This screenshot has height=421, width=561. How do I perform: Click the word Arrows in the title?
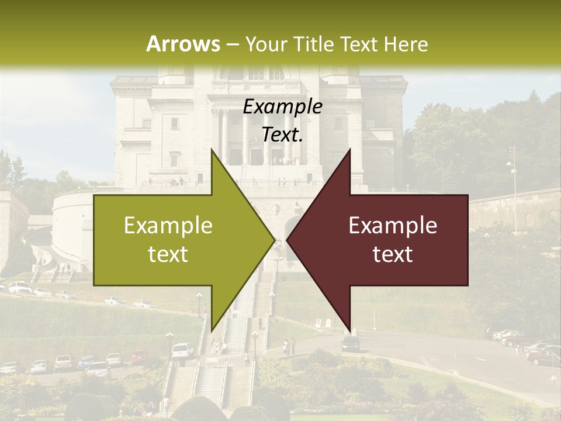coord(183,44)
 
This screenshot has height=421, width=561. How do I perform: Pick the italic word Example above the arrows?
coord(282,107)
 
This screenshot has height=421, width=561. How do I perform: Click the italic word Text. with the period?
coord(282,135)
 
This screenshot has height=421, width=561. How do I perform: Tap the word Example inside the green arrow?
coord(168,226)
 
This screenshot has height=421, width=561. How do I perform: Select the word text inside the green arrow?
coord(168,254)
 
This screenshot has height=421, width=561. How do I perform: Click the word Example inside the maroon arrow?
coord(393,226)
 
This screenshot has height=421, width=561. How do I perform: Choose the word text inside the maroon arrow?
coord(393,254)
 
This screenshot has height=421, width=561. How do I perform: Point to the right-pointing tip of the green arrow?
coord(275,240)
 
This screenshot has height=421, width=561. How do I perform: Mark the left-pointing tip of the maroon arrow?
coord(287,240)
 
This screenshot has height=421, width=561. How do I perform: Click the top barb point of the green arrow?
coord(212,150)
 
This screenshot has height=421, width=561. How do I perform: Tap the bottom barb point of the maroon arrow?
coord(350,330)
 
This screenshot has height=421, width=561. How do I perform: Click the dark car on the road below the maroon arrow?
coord(351,343)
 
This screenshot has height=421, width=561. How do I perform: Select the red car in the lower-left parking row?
coord(139,357)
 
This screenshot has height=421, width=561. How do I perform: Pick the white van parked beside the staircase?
coord(182,350)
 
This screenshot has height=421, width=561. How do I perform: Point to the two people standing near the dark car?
coord(289,347)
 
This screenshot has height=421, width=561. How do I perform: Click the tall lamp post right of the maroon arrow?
coord(514,175)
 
